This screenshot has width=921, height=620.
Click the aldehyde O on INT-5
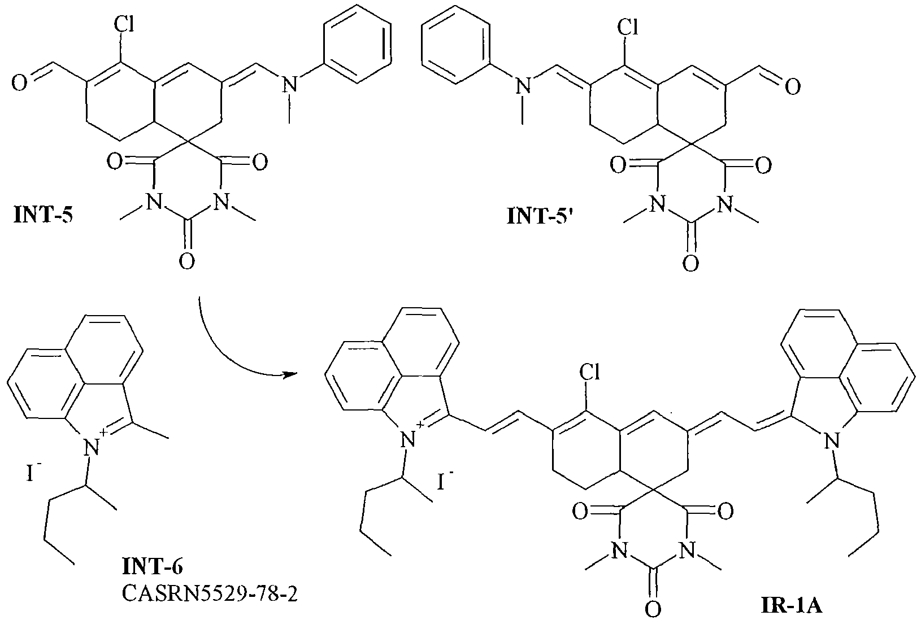tap(19, 85)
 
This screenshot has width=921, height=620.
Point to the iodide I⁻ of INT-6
tap(31, 473)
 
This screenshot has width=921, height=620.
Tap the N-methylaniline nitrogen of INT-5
tap(289, 85)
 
